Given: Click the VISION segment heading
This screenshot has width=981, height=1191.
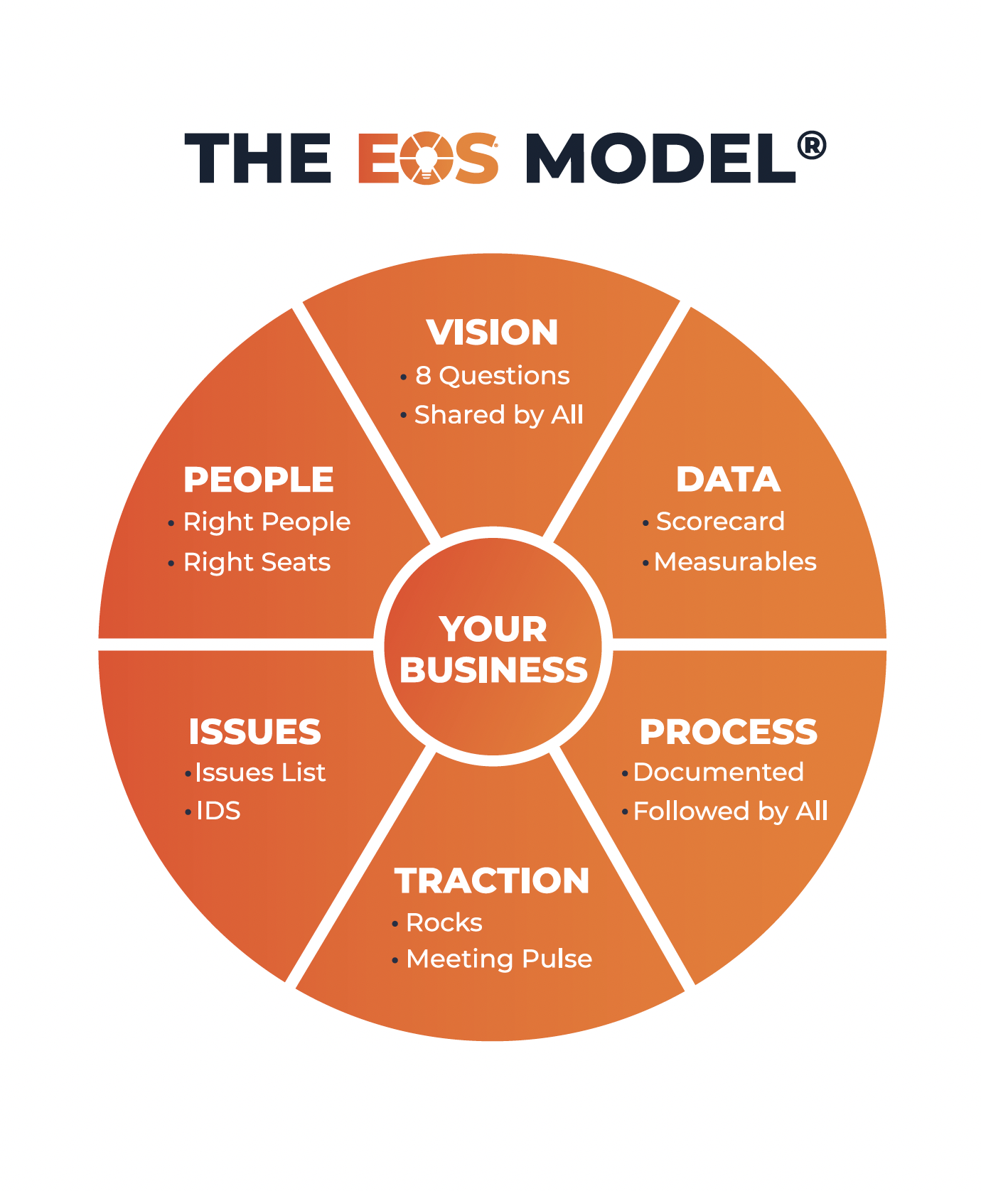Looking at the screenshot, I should click(492, 333).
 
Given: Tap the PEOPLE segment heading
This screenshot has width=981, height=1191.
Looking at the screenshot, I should click(259, 480).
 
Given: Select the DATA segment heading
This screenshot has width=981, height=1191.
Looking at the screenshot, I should click(728, 480).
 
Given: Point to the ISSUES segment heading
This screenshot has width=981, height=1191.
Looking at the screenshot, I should click(254, 732).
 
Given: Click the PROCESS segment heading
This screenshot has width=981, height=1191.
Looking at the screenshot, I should click(728, 732).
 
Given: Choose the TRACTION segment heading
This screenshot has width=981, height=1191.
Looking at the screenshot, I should click(492, 881).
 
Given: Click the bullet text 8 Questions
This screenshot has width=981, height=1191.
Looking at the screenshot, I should click(492, 376).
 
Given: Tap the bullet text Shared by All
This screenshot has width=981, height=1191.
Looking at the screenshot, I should click(498, 415).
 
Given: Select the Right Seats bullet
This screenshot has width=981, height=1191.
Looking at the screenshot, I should click(257, 563).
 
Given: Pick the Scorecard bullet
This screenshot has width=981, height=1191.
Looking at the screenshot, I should click(720, 522).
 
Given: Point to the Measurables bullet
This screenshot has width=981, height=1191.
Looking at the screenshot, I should click(735, 562).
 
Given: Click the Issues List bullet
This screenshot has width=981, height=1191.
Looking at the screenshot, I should click(260, 772).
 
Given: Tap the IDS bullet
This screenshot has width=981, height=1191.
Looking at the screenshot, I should click(218, 811).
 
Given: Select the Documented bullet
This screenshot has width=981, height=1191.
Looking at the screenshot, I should click(718, 772).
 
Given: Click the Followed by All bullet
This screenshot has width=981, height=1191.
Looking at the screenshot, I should click(730, 812).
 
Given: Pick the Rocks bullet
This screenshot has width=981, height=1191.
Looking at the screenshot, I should click(444, 923).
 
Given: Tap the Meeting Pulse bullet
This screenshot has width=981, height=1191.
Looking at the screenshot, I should click(498, 959).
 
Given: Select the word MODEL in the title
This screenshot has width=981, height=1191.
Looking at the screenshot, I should click(659, 158).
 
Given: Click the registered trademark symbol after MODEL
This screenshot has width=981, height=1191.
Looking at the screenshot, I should click(812, 146).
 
